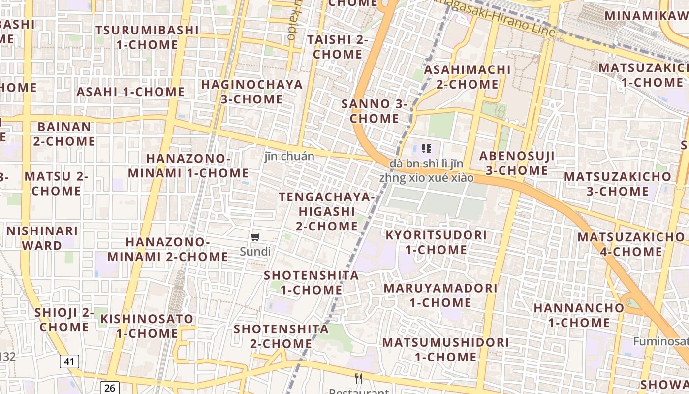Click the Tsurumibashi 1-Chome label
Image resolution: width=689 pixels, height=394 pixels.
147,37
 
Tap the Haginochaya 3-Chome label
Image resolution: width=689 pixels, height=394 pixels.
251,92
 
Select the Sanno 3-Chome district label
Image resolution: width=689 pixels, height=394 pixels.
374,111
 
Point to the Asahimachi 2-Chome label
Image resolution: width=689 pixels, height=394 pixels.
467,77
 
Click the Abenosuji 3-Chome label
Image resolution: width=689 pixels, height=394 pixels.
517,164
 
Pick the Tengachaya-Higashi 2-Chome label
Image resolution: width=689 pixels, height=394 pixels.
327,211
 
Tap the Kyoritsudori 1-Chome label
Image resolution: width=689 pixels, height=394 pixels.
436,242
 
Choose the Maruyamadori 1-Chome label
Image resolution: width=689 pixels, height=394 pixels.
440,295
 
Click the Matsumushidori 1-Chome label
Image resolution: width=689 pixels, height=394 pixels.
445,349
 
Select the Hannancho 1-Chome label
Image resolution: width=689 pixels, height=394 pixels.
579,315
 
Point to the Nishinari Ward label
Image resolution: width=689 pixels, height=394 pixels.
42,238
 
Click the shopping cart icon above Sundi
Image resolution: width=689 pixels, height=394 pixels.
255,238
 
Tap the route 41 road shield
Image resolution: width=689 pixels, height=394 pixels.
69,361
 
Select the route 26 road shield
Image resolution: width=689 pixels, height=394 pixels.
109,388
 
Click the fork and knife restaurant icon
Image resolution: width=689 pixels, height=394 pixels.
359,378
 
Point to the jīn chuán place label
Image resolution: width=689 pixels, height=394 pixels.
289,157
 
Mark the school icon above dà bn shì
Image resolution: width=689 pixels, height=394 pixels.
427,148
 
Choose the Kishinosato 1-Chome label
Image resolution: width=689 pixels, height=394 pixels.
147,326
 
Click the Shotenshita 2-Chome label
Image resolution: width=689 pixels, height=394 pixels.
281,336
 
